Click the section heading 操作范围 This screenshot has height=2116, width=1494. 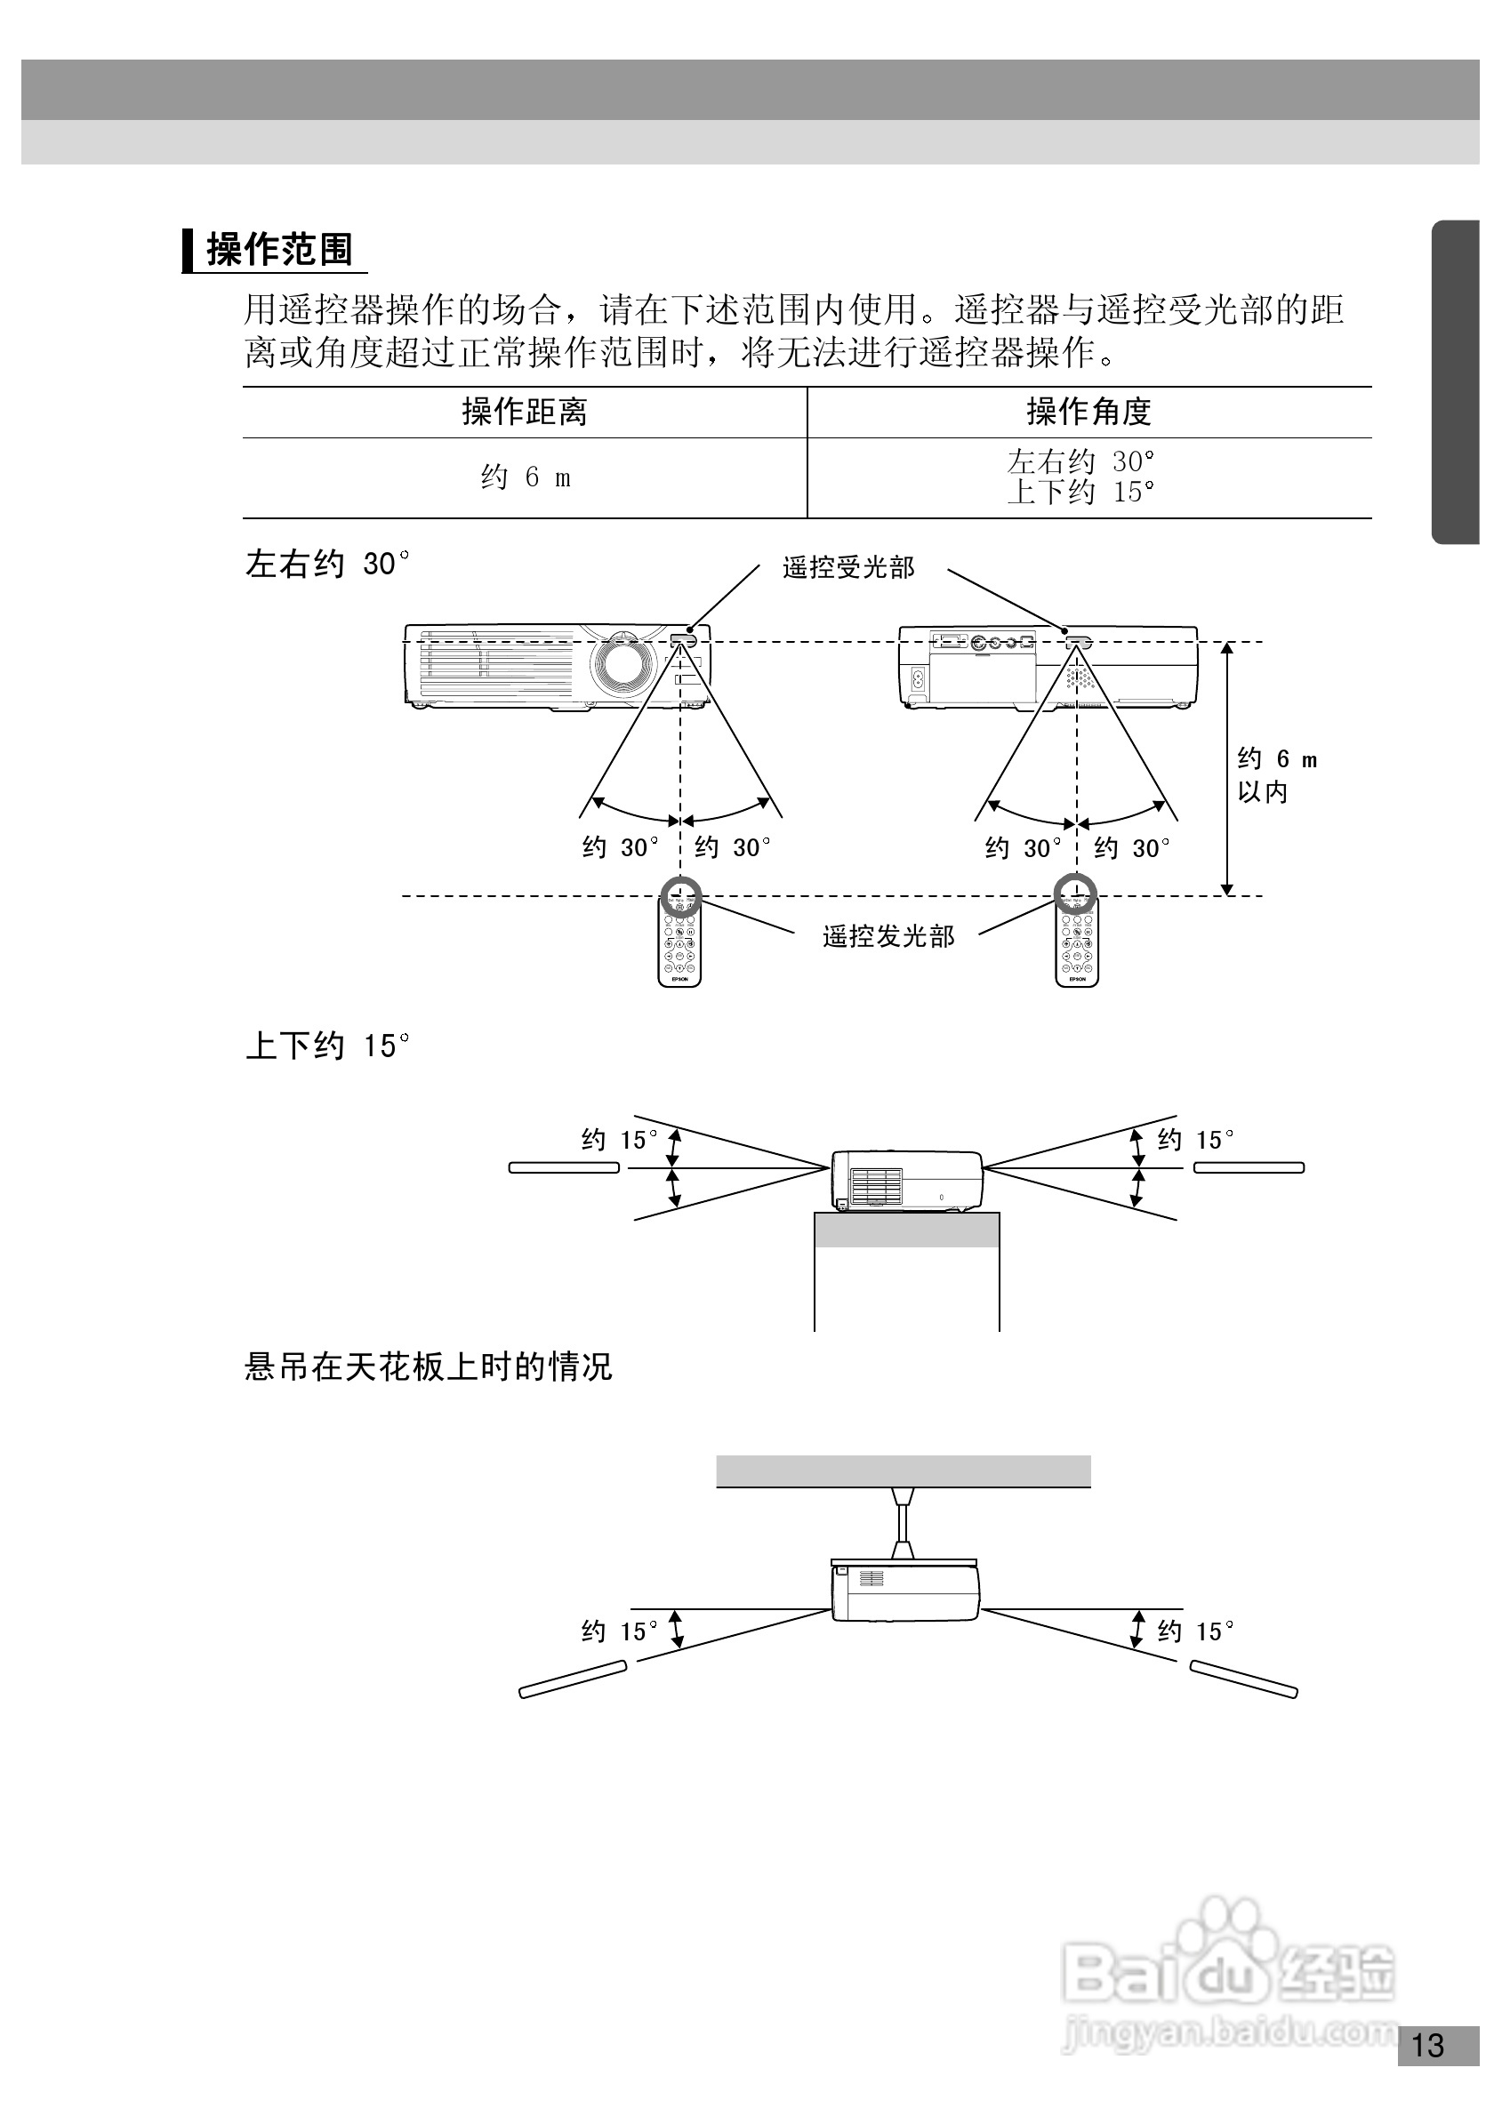[x=279, y=250]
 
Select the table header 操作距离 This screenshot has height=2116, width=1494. [x=525, y=412]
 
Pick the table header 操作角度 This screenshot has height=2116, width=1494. [x=1088, y=412]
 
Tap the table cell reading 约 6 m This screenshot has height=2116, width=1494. [x=525, y=477]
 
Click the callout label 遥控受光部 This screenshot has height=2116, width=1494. [x=847, y=568]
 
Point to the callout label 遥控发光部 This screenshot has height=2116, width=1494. [x=888, y=936]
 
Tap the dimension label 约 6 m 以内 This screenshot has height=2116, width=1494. [x=1275, y=775]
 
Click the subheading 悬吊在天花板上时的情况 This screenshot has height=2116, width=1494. [x=429, y=1366]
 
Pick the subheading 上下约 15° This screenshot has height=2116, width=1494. [x=327, y=1046]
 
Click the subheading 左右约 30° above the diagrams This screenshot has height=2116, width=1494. [x=327, y=563]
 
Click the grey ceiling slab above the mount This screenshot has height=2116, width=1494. [x=904, y=1471]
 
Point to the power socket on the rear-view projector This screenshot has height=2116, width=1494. [x=917, y=680]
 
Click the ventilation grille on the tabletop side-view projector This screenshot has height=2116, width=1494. [x=876, y=1186]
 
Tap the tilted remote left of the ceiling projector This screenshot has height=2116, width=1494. [x=574, y=1679]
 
